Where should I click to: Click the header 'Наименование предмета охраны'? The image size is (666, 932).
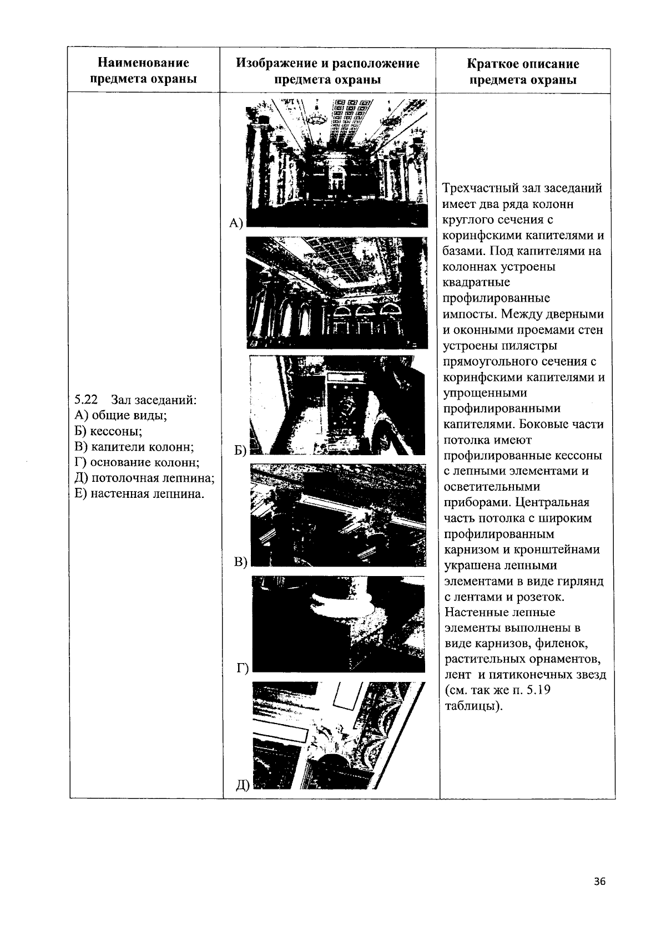pos(144,71)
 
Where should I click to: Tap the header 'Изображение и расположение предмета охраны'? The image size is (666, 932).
pos(327,71)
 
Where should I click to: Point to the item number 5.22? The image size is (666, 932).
pos(86,399)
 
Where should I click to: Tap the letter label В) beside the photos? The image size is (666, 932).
pos(240,562)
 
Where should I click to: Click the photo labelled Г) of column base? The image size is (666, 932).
pos(339,624)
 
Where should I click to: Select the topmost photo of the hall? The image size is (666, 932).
pos(336,162)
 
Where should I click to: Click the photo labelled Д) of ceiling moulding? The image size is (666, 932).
pos(339,736)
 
